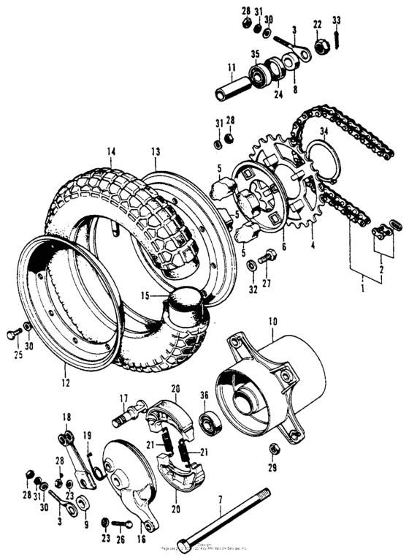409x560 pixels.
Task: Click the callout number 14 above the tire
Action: pyautogui.click(x=111, y=152)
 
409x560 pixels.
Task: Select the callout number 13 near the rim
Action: pyautogui.click(x=155, y=152)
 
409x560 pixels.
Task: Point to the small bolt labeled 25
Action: pyautogui.click(x=11, y=335)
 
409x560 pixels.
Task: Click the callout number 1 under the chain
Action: pyautogui.click(x=362, y=279)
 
